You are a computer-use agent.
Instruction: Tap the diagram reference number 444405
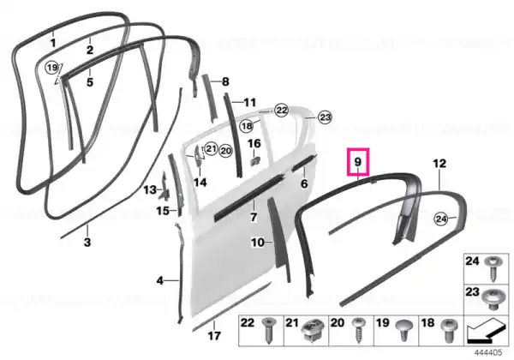pos(488,353)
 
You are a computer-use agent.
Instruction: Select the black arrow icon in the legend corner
pos(486,331)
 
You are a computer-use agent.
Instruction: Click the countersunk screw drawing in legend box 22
pos(268,331)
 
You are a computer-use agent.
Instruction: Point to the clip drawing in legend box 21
pos(312,329)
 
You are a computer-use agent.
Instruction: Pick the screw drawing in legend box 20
pos(358,331)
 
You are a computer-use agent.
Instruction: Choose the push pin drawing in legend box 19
pos(403,331)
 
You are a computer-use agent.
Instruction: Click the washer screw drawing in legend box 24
pos(493,269)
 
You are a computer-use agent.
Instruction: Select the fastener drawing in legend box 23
pos(493,299)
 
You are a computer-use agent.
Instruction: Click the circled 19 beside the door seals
pos(51,68)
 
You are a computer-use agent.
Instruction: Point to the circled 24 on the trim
pos(441,219)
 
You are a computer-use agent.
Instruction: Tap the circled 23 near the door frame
pos(325,117)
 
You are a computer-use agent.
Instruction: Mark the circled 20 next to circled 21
pos(225,151)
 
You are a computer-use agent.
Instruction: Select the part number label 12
pos(439,163)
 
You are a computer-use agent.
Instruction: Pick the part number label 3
pos(87,243)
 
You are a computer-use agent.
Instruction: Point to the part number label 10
pos(258,243)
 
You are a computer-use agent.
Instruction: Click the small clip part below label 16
pos(255,161)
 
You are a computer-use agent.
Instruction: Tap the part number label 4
pos(159,280)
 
